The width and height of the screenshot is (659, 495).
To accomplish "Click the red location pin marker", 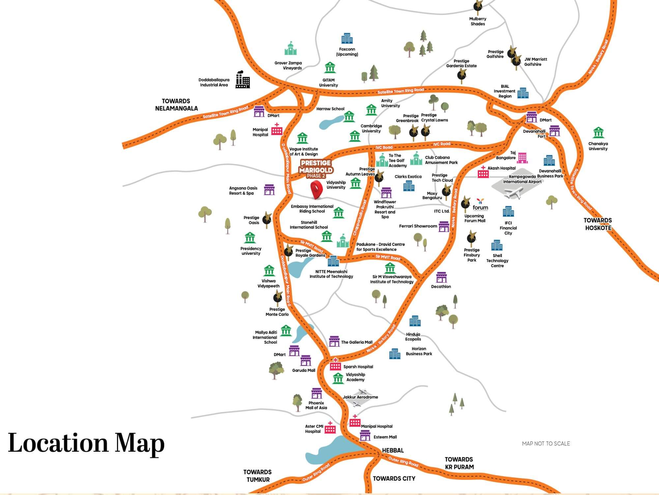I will pos(317,189).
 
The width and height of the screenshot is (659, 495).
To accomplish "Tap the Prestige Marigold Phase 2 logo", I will pos(316,169).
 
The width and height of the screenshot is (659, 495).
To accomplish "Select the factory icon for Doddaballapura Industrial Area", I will pos(243,80).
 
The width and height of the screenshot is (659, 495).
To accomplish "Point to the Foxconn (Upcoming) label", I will pos(347,52).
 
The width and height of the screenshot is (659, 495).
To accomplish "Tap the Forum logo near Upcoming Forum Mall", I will pos(480,205).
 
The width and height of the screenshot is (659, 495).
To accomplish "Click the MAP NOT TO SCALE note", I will pos(546,444).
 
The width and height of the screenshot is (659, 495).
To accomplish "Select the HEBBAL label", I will pos(393,450).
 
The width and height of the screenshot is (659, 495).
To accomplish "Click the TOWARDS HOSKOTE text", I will pos(598,224).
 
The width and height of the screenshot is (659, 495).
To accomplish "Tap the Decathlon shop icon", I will pos(441,278).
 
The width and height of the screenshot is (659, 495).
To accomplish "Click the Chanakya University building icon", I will pos(598,133).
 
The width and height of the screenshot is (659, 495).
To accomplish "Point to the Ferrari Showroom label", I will pos(418,226).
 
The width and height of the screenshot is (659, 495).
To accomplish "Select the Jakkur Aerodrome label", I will pos(360,397).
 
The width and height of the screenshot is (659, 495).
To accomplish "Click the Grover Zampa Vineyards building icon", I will pos(291,49).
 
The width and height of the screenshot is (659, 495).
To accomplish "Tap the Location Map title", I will pos(86,443).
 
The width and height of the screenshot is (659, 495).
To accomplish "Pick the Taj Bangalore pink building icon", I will pos(522,158).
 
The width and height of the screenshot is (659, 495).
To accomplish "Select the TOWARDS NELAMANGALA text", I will pos(176,105).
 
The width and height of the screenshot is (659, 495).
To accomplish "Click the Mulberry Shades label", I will pos(477,21).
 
